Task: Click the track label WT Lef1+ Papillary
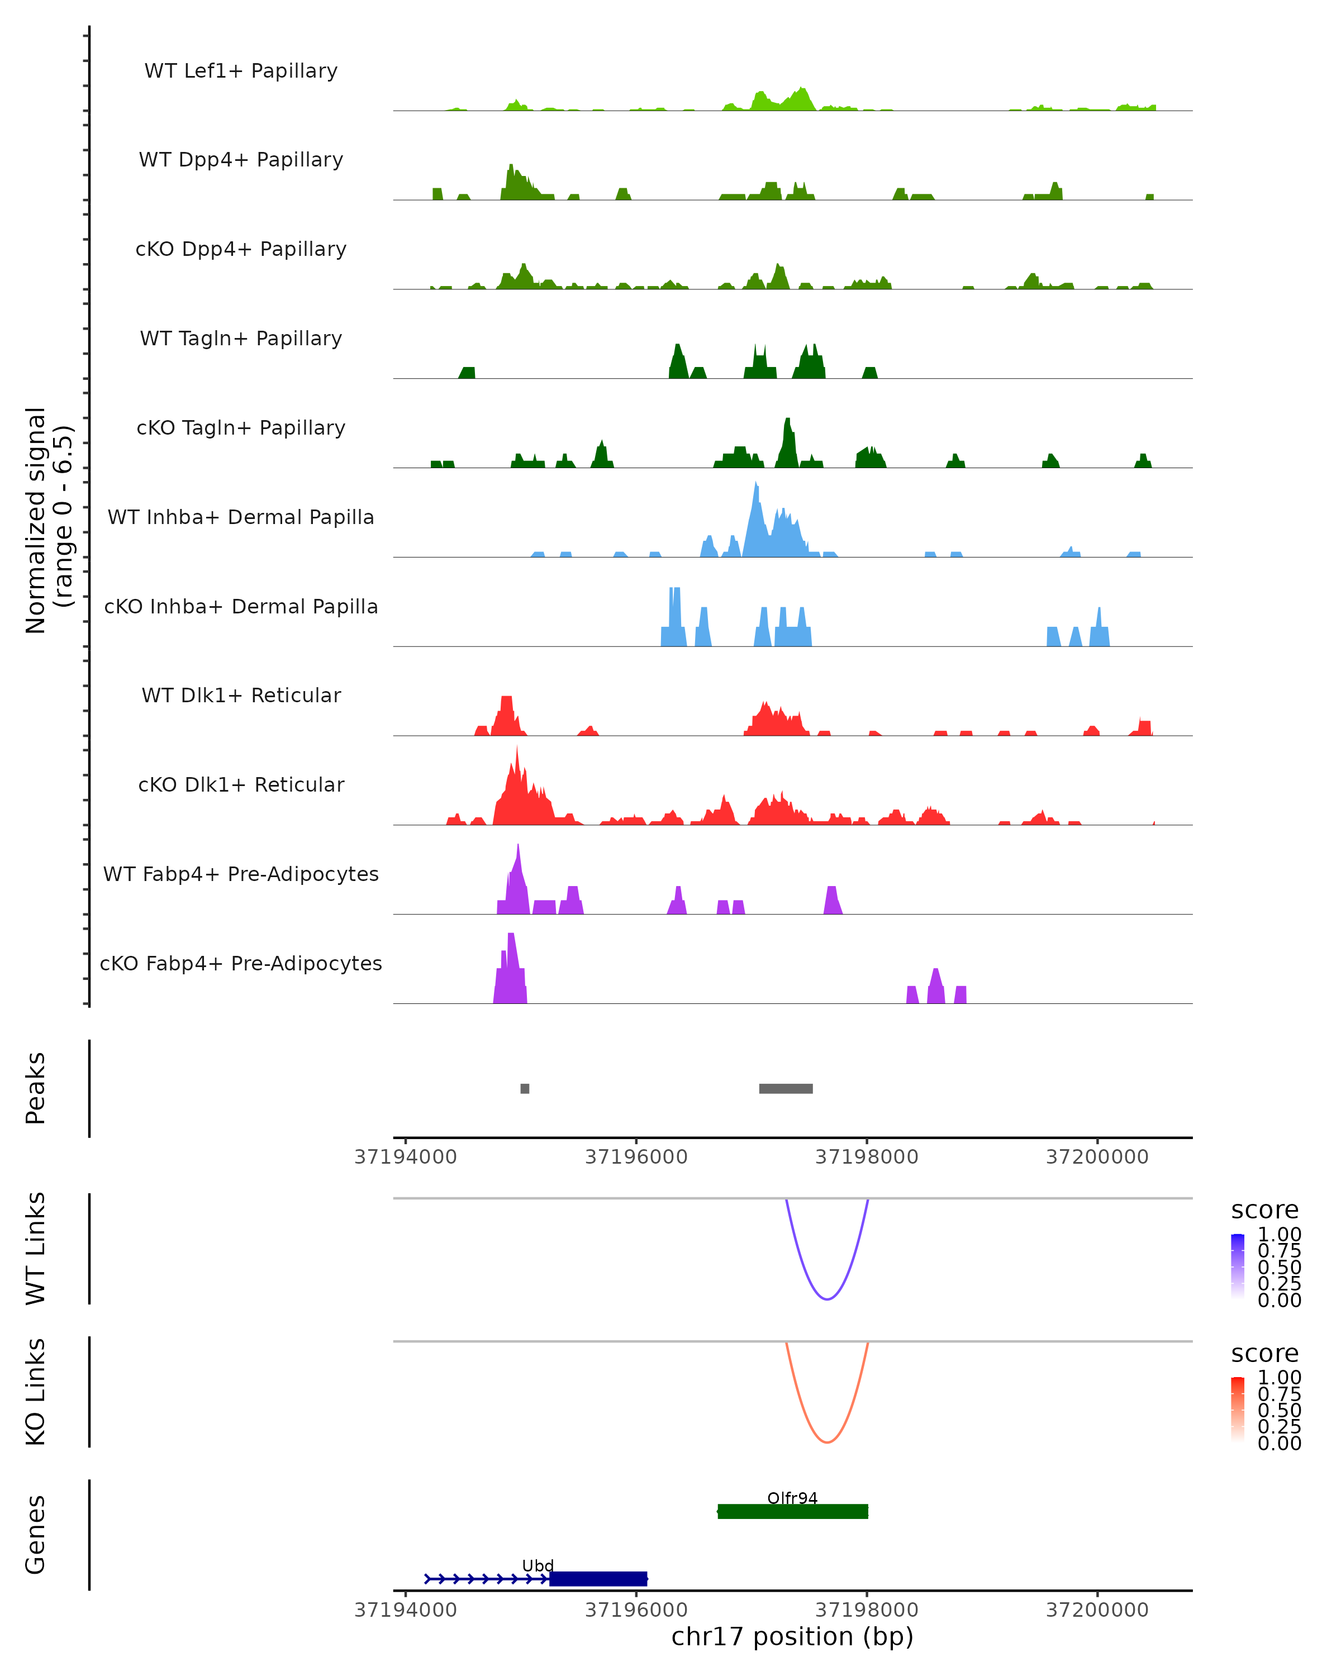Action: point(241,71)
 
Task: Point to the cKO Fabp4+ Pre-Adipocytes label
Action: point(241,963)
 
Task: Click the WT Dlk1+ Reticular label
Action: point(241,695)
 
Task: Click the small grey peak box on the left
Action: point(525,1088)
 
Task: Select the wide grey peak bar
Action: point(786,1088)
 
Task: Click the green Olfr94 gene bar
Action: point(793,1512)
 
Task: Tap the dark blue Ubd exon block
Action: point(598,1579)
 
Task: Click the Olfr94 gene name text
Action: point(792,1498)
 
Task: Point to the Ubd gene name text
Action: point(538,1565)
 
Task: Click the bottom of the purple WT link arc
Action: point(827,1299)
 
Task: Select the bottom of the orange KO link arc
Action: point(827,1442)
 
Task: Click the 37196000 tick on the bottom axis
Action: point(636,1610)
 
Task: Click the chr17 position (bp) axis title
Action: point(792,1636)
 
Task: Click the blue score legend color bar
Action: point(1238,1266)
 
